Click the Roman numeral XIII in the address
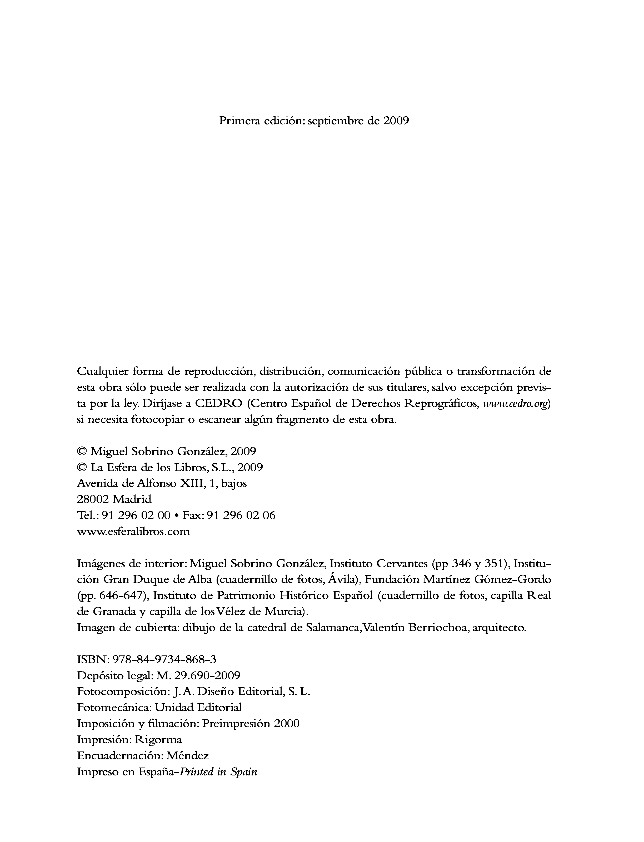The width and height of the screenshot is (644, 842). coord(191,483)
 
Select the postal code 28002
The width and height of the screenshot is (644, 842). coord(92,499)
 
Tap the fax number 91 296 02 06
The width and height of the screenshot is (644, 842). coord(241,515)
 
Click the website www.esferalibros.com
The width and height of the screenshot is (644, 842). coord(133,532)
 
